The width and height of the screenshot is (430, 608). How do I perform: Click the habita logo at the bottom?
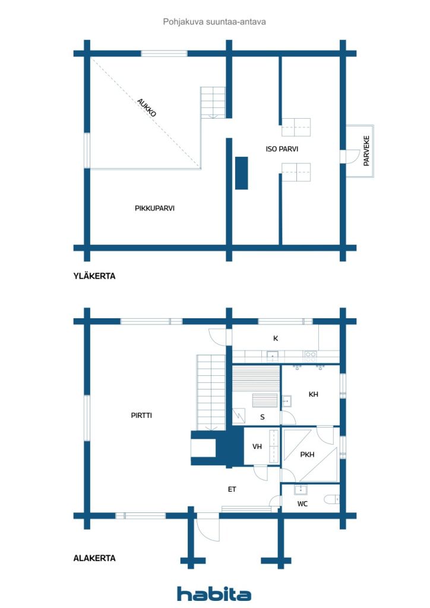tap(214, 594)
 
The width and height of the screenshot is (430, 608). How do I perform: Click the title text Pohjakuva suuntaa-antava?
tap(214, 21)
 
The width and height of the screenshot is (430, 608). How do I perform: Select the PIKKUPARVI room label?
tap(154, 208)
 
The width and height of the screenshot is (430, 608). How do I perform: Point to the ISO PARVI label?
tap(282, 149)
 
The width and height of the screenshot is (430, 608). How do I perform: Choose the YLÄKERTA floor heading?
tap(94, 276)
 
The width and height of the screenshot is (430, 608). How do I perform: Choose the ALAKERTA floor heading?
tap(94, 558)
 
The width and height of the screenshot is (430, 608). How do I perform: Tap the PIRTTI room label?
tap(141, 416)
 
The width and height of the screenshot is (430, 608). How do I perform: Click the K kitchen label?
tap(276, 338)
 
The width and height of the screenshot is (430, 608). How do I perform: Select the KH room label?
tap(314, 394)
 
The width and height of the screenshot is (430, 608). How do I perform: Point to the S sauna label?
tap(262, 417)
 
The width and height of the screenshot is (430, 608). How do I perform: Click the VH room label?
tap(257, 446)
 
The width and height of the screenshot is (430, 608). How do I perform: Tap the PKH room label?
tap(307, 455)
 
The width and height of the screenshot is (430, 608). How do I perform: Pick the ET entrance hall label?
tap(232, 489)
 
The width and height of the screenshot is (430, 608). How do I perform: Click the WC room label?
tap(302, 503)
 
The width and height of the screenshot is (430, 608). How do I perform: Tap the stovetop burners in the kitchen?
tap(310, 356)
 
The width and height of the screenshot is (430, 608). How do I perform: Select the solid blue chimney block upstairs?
tap(241, 173)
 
